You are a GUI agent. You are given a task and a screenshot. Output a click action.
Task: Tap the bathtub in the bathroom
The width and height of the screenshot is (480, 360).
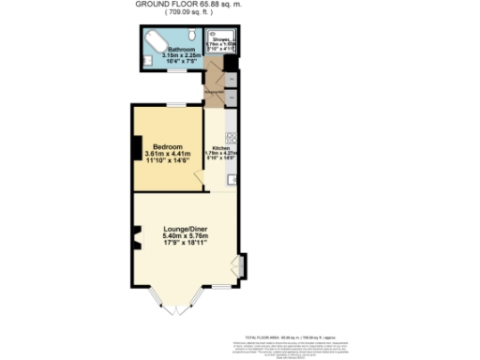pyautogui.click(x=152, y=41)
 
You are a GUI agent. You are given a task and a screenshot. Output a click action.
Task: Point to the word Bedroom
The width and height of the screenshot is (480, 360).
pyautogui.click(x=167, y=147)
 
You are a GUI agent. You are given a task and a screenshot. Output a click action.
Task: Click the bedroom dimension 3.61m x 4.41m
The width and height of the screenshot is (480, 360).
pyautogui.click(x=167, y=155)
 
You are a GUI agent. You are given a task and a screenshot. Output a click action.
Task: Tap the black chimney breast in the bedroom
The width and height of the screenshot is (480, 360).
pyautogui.click(x=136, y=148)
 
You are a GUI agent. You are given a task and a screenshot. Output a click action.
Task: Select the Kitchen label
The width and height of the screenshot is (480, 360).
pyautogui.click(x=220, y=148)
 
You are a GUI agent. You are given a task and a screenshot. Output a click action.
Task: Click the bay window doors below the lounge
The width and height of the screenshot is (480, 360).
pyautogui.click(x=175, y=305)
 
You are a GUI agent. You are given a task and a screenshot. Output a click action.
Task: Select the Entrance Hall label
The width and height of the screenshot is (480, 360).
pyautogui.click(x=215, y=92)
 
